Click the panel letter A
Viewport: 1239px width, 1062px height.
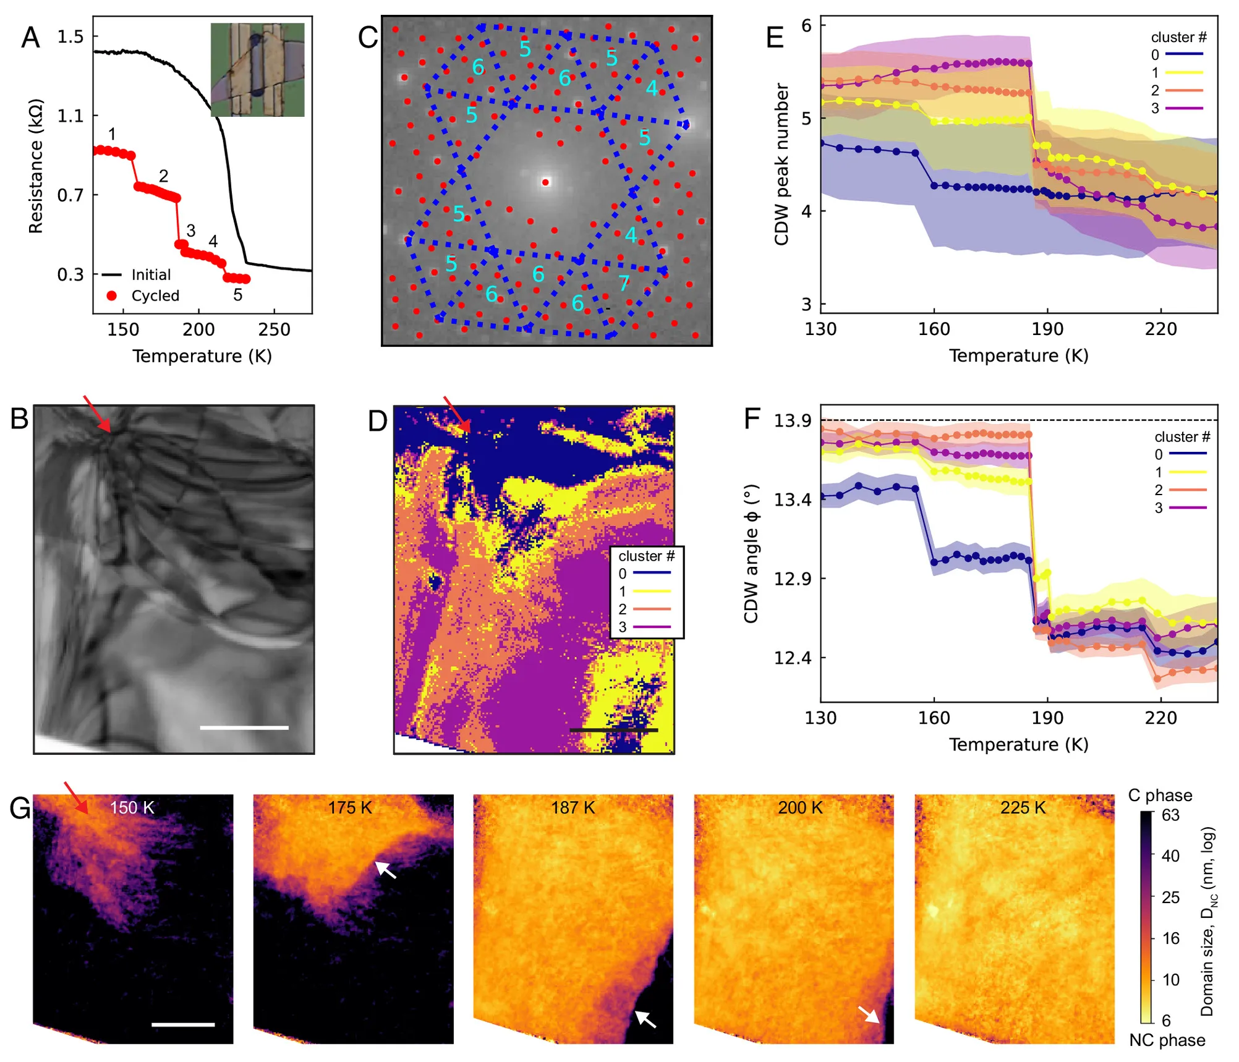pos(30,38)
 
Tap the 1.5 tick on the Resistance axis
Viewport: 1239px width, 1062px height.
pos(70,36)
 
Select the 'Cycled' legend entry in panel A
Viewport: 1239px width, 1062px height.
pos(143,295)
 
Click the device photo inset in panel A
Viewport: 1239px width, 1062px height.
pos(257,70)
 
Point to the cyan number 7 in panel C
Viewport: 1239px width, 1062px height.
pos(624,283)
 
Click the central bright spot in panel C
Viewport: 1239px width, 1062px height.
pos(545,182)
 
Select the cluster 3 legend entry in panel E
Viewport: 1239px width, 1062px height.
pos(1177,108)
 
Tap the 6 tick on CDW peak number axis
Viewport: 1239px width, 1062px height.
pos(806,25)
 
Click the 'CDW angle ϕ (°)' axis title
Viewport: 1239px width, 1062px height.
pos(751,554)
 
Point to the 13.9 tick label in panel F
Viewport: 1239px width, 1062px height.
pos(793,420)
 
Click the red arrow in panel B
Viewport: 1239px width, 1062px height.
pos(97,414)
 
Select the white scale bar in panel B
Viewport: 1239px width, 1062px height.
pos(244,728)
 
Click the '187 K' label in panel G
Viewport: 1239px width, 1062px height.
pos(573,807)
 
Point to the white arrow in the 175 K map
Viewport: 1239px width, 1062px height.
pos(386,870)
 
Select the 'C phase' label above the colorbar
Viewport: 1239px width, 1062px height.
pos(1160,795)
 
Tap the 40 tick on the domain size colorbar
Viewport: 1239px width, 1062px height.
pos(1170,856)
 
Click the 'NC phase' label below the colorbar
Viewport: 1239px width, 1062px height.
pos(1167,1040)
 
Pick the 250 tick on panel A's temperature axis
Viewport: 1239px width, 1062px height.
pos(274,329)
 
